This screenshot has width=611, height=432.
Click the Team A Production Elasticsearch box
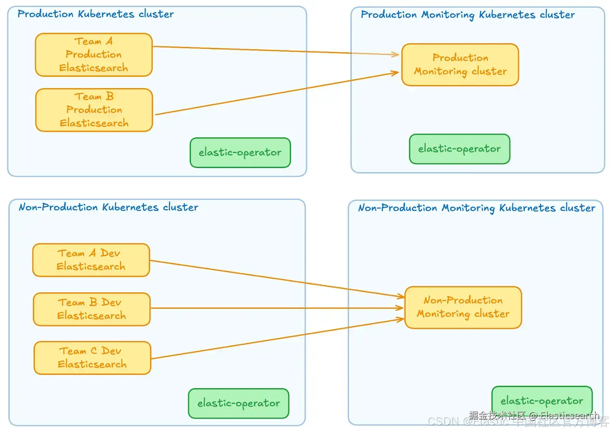pyautogui.click(x=94, y=55)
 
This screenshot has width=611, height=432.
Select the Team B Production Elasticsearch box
pyautogui.click(x=94, y=110)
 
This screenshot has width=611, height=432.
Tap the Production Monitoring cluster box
pyautogui.click(x=460, y=64)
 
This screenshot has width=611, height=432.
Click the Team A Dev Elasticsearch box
pyautogui.click(x=91, y=260)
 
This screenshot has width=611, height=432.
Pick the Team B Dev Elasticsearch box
pyautogui.click(x=92, y=309)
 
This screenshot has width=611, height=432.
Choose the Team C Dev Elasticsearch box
pyautogui.click(x=92, y=358)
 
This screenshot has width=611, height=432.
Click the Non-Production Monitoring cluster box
pyautogui.click(x=463, y=307)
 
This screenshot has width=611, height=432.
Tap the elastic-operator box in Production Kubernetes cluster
pyautogui.click(x=240, y=153)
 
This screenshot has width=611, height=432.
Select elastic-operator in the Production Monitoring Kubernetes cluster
pyautogui.click(x=459, y=149)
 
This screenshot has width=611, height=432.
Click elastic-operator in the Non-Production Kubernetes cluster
pyautogui.click(x=239, y=403)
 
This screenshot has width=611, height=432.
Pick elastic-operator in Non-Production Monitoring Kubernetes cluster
pyautogui.click(x=542, y=401)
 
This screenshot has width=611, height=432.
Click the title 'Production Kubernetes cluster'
pyautogui.click(x=95, y=14)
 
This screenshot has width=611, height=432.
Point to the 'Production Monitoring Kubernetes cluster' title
pyautogui.click(x=467, y=15)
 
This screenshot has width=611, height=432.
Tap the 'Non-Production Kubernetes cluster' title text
pyautogui.click(x=108, y=207)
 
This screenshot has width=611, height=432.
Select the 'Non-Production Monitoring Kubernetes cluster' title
pyautogui.click(x=476, y=208)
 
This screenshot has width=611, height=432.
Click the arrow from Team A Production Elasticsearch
pyautogui.click(x=275, y=50)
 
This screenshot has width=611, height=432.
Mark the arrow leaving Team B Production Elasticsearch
pyautogui.click(x=275, y=93)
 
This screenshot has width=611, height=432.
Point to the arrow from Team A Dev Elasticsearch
pyautogui.click(x=275, y=278)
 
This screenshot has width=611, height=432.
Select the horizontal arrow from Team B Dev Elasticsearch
pyautogui.click(x=275, y=308)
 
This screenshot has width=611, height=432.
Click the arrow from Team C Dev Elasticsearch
pyautogui.click(x=275, y=339)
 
